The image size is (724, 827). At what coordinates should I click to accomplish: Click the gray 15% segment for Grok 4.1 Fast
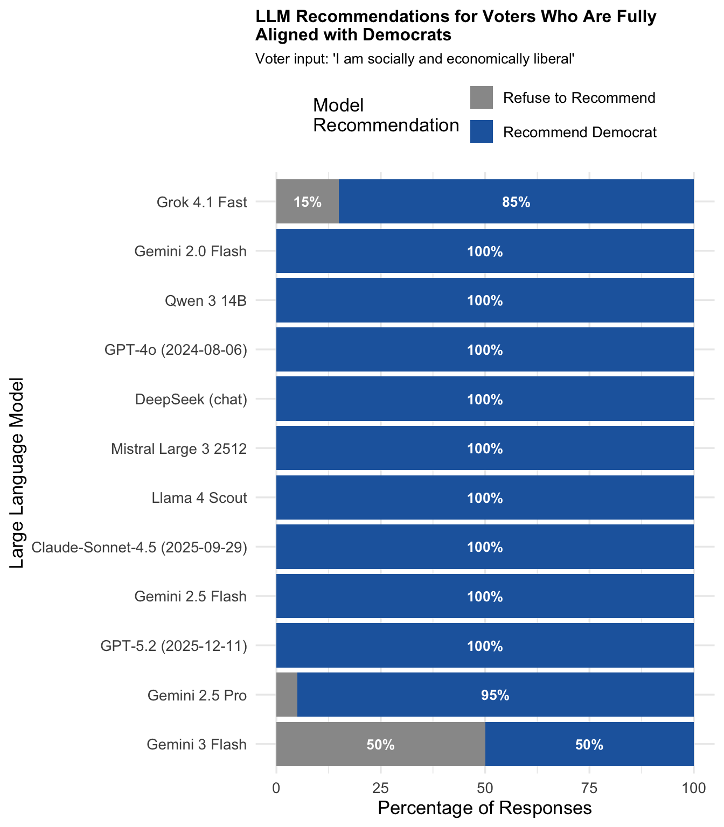tap(307, 202)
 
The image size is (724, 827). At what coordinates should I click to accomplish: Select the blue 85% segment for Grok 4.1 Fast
tap(516, 202)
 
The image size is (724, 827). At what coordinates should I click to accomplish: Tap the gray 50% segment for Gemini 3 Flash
tap(380, 745)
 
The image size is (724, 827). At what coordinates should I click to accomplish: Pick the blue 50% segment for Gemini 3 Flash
tap(589, 745)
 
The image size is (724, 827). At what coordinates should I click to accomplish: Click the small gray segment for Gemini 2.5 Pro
tap(287, 695)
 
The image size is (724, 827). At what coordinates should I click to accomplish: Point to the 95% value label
tap(495, 696)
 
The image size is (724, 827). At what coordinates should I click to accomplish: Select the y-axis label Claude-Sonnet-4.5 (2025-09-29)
tap(140, 548)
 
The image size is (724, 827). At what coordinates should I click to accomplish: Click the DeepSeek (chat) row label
tap(191, 400)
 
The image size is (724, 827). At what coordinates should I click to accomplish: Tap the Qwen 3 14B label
tap(206, 300)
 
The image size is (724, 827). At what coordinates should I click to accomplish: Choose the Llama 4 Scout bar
tap(485, 498)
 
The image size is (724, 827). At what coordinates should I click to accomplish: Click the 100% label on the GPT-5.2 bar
tap(485, 646)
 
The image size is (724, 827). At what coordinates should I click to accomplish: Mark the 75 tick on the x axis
tap(589, 788)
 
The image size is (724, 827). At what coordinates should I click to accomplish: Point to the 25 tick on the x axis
tap(381, 788)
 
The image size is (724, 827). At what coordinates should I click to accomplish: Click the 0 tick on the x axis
tap(276, 788)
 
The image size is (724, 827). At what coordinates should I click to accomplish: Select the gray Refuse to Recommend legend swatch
tap(481, 97)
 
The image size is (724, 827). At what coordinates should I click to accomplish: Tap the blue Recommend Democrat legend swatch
tap(481, 132)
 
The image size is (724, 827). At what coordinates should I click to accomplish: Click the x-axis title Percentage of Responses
tap(485, 808)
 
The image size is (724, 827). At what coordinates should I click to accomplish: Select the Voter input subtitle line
tap(415, 59)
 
